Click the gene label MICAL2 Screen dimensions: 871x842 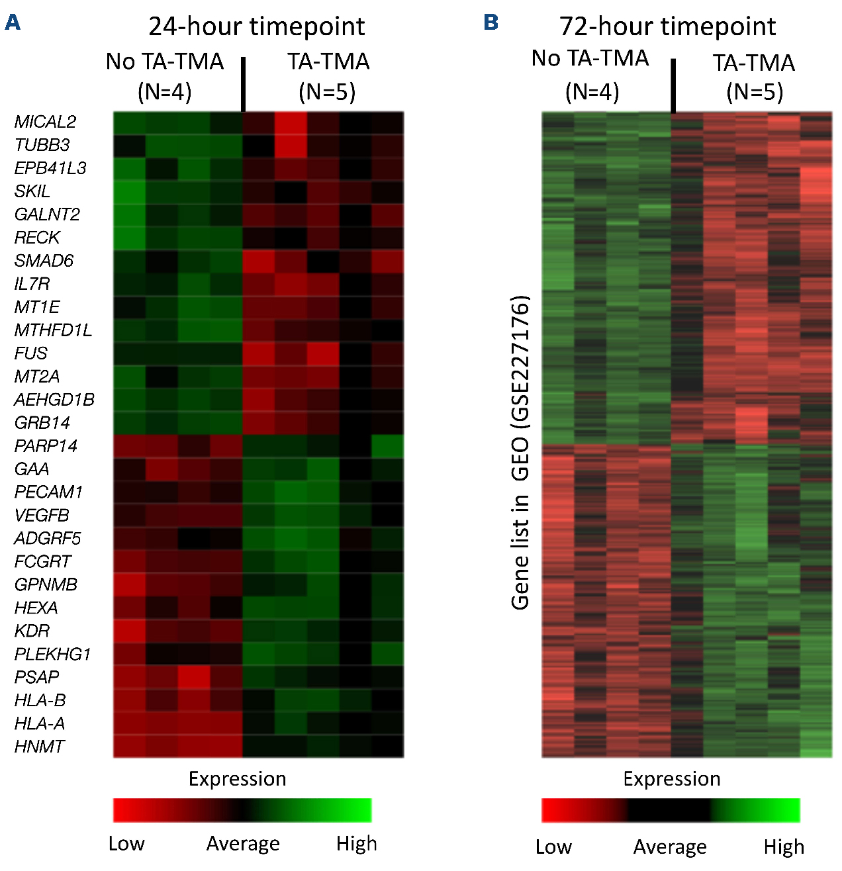coord(45,122)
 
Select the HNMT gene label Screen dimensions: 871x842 coord(39,747)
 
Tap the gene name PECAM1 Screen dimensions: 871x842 coord(48,492)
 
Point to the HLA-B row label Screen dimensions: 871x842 coord(40,700)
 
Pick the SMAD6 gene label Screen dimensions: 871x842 coord(44,261)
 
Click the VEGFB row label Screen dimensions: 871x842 coord(42,515)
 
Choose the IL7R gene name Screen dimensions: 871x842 coord(32,284)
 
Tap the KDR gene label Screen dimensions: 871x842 coord(32,631)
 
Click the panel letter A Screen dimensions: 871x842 coord(12,23)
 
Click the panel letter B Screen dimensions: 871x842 coord(491,23)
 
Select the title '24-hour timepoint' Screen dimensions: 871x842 coord(256,26)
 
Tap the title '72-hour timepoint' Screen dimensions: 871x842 coord(667,26)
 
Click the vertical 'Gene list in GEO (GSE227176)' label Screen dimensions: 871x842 coord(520,452)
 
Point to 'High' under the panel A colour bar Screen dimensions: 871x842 coord(356,843)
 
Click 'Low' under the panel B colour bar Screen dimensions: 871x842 coord(553,847)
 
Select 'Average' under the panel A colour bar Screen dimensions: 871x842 coord(243,843)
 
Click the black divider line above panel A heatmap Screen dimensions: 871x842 coord(244,84)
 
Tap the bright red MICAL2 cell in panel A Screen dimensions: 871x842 coord(291,122)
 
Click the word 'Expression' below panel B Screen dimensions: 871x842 coord(671,779)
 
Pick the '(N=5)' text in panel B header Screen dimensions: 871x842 coord(755,91)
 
